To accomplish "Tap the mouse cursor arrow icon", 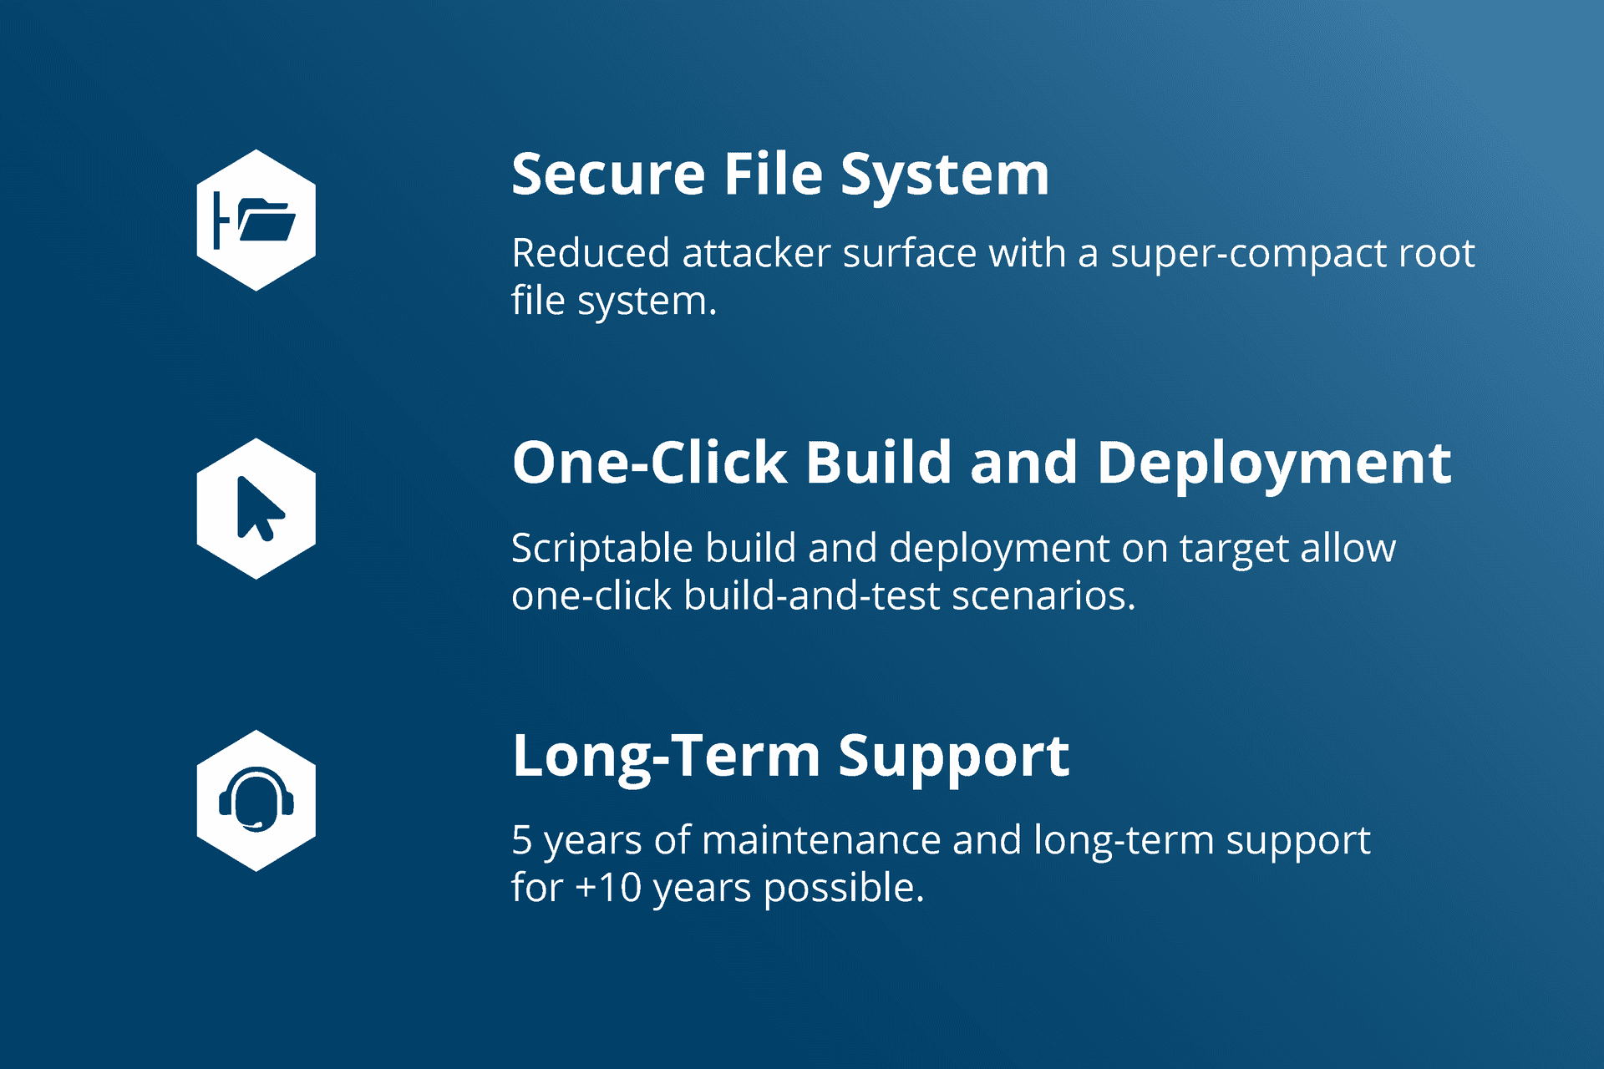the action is pos(260,508).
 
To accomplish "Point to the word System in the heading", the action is pos(945,176).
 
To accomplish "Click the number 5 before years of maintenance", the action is pos(522,840).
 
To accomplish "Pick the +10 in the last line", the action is pos(609,888).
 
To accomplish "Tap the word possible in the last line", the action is pos(844,889).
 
